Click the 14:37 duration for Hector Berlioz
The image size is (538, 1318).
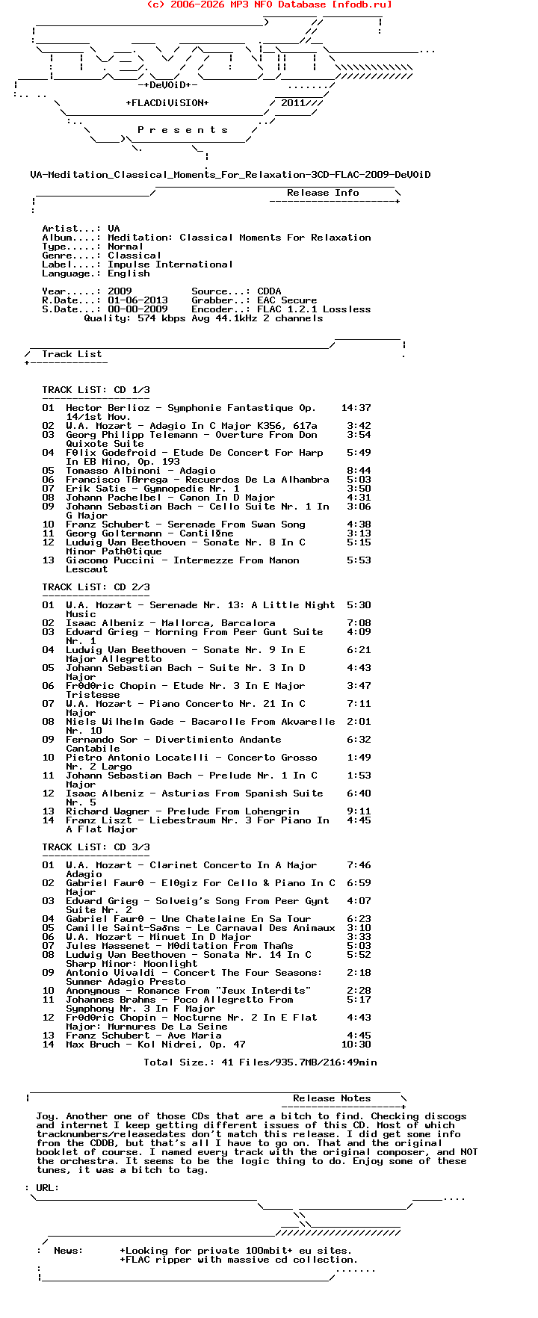click(356, 408)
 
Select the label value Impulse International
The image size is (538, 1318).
click(170, 264)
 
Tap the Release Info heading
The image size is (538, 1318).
click(323, 193)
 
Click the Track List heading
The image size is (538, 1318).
click(72, 354)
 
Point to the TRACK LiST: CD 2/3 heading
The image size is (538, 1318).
click(96, 587)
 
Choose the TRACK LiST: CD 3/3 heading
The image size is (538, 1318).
click(96, 847)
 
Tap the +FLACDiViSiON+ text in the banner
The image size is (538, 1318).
click(167, 103)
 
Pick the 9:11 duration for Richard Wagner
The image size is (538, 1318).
click(359, 811)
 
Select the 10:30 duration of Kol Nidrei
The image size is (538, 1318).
click(356, 1045)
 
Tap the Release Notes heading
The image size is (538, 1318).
click(332, 1098)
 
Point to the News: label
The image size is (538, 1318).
click(69, 1251)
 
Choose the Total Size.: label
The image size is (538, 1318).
click(176, 1062)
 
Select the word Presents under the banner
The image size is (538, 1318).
click(182, 130)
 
